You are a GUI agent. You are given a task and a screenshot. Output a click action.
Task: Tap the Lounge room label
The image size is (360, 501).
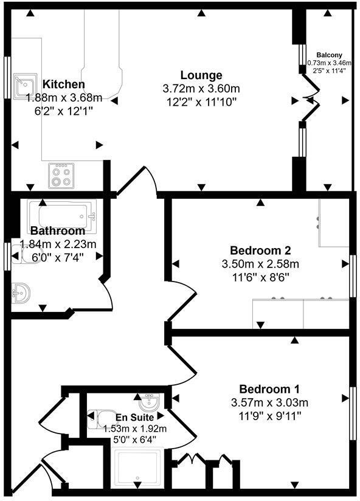[201, 75]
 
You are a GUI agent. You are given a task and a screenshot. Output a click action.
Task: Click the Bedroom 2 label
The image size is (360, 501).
[260, 250]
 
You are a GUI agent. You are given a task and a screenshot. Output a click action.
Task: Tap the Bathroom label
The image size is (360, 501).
[58, 231]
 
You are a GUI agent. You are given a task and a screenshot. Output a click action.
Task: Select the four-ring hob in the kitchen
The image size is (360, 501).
[61, 175]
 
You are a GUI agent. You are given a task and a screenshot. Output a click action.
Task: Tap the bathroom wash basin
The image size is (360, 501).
[21, 294]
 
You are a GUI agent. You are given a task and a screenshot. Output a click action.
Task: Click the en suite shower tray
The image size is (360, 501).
[138, 468]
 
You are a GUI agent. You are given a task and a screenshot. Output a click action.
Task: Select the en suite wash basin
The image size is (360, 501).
[150, 401]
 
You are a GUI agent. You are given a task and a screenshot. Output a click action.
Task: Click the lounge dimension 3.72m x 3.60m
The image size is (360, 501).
[201, 88]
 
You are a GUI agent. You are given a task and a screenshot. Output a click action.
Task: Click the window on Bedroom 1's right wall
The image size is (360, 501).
[351, 412]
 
